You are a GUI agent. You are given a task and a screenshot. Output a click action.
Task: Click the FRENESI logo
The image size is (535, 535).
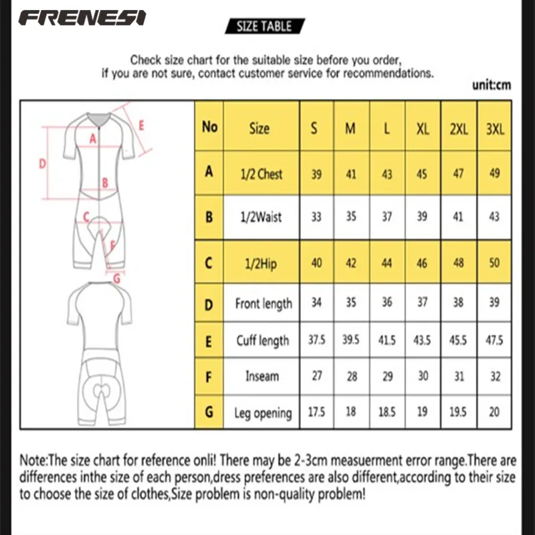pyautogui.click(x=82, y=17)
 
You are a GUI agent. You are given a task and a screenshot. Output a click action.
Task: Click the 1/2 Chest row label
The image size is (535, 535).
pyautogui.click(x=260, y=173)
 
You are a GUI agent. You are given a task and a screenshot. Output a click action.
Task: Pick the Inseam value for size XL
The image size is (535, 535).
pyautogui.click(x=422, y=376)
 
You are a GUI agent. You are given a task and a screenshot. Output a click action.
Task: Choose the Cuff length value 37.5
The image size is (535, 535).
pyautogui.click(x=316, y=340)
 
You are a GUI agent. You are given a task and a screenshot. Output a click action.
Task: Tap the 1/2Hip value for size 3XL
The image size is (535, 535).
pyautogui.click(x=494, y=263)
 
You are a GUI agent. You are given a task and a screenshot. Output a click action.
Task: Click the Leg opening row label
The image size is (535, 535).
pyautogui.click(x=263, y=413)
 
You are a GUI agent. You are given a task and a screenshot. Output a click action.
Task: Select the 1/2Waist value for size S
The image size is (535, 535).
pyautogui.click(x=316, y=217)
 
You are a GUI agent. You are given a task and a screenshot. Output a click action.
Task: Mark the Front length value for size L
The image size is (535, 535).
pyautogui.click(x=387, y=302)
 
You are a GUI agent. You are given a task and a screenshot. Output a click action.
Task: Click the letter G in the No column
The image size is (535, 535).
pyautogui.click(x=209, y=413)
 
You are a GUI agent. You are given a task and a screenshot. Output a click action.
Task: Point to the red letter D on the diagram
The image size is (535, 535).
pyautogui.click(x=41, y=163)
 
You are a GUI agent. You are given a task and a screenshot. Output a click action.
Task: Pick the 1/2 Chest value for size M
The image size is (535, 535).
pyautogui.click(x=350, y=174)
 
